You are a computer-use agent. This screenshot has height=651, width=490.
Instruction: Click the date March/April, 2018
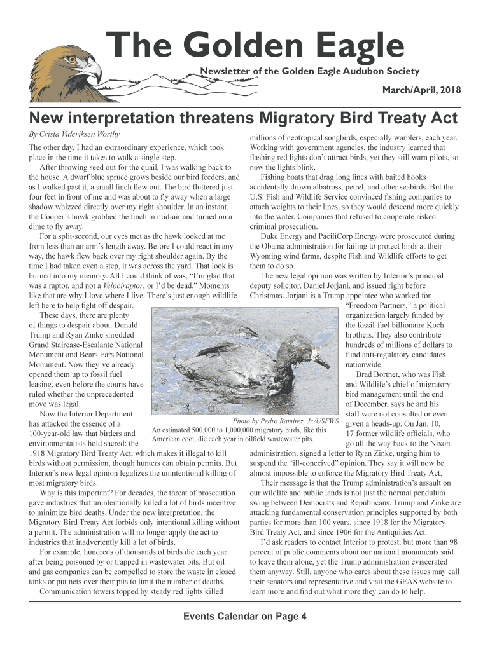click(421, 91)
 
